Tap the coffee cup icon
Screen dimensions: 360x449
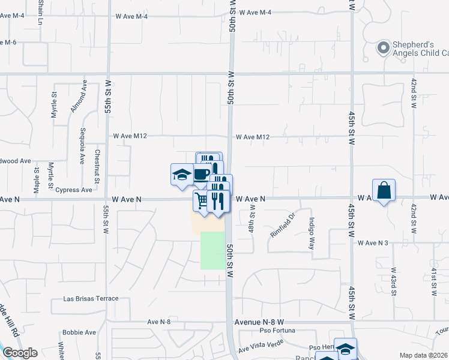[202, 174]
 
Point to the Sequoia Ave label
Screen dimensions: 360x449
[82, 145]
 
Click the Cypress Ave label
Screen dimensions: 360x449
[74, 190]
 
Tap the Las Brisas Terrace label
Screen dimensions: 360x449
[91, 298]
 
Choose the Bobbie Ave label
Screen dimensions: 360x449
[79, 332]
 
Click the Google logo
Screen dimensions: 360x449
[20, 353]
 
